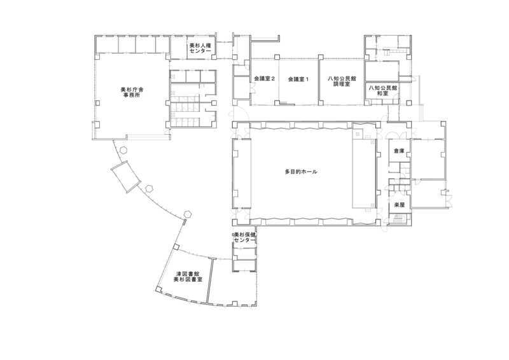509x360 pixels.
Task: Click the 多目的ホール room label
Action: click(301, 172)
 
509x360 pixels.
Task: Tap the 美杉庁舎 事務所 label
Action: click(132, 92)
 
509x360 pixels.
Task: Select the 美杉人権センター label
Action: click(200, 49)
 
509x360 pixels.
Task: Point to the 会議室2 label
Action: click(264, 79)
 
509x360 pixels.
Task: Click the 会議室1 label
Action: click(298, 79)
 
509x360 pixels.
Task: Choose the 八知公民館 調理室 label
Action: click(342, 81)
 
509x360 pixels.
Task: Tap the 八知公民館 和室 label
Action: click(383, 90)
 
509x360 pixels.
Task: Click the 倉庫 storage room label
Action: click(399, 151)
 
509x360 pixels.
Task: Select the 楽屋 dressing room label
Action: click(399, 205)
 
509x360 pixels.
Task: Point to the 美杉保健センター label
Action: click(244, 237)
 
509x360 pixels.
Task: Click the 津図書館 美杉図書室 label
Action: click(188, 276)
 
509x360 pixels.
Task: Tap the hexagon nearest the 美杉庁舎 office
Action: click(123, 150)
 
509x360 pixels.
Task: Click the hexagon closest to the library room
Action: click(187, 214)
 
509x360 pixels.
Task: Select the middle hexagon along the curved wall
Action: click(149, 189)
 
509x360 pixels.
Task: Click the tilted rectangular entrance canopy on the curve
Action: click(125, 176)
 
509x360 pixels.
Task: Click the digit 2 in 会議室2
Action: click(273, 79)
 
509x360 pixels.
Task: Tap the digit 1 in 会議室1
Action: click(307, 79)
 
